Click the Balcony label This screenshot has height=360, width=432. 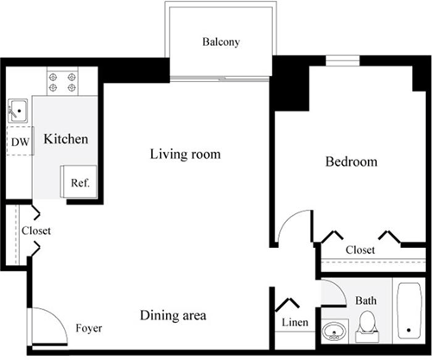click(x=220, y=41)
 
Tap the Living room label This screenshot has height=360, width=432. click(x=185, y=155)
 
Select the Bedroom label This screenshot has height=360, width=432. click(x=351, y=161)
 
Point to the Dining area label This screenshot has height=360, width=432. click(x=173, y=315)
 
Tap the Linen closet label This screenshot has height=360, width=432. click(x=293, y=323)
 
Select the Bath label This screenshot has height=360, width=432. click(x=366, y=300)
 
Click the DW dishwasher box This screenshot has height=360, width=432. click(x=20, y=142)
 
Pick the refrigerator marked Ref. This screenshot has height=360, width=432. click(x=79, y=182)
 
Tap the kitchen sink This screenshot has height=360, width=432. click(x=18, y=111)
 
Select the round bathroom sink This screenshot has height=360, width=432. click(x=334, y=332)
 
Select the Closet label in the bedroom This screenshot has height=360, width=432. click(x=359, y=249)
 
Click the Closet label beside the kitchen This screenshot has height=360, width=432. click(x=36, y=231)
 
